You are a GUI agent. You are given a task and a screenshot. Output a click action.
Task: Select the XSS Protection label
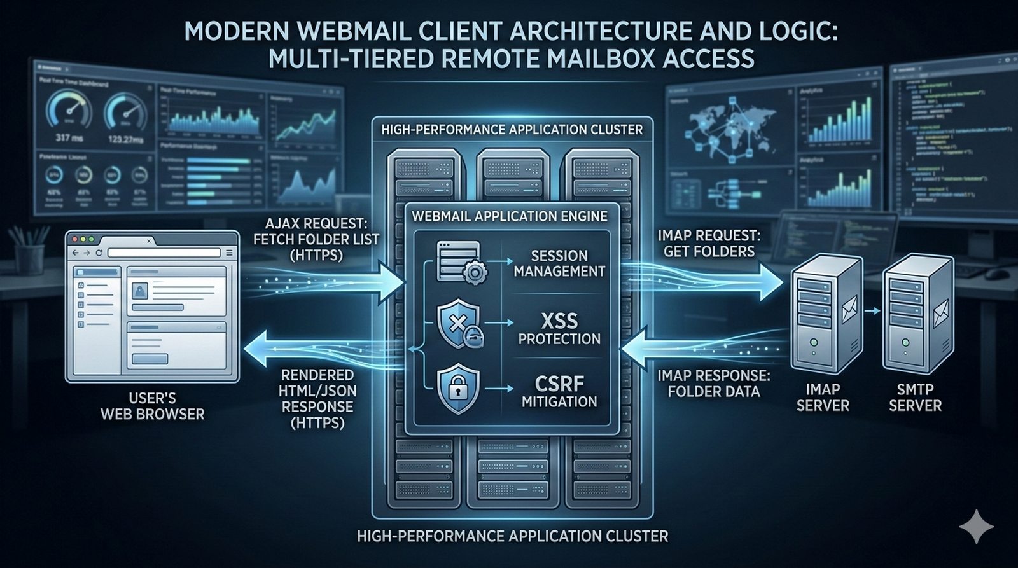pyautogui.click(x=559, y=329)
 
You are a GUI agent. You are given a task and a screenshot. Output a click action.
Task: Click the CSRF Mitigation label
pyautogui.click(x=559, y=392)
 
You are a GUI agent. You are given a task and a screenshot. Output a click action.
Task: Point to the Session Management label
pyautogui.click(x=559, y=263)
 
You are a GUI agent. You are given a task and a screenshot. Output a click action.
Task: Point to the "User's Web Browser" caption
pyautogui.click(x=153, y=406)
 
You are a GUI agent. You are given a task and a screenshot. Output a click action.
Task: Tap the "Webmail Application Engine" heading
pyautogui.click(x=509, y=216)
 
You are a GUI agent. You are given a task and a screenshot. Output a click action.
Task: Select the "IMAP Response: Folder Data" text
pyautogui.click(x=713, y=384)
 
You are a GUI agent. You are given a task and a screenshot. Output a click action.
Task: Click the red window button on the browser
pyautogui.click(x=74, y=240)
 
